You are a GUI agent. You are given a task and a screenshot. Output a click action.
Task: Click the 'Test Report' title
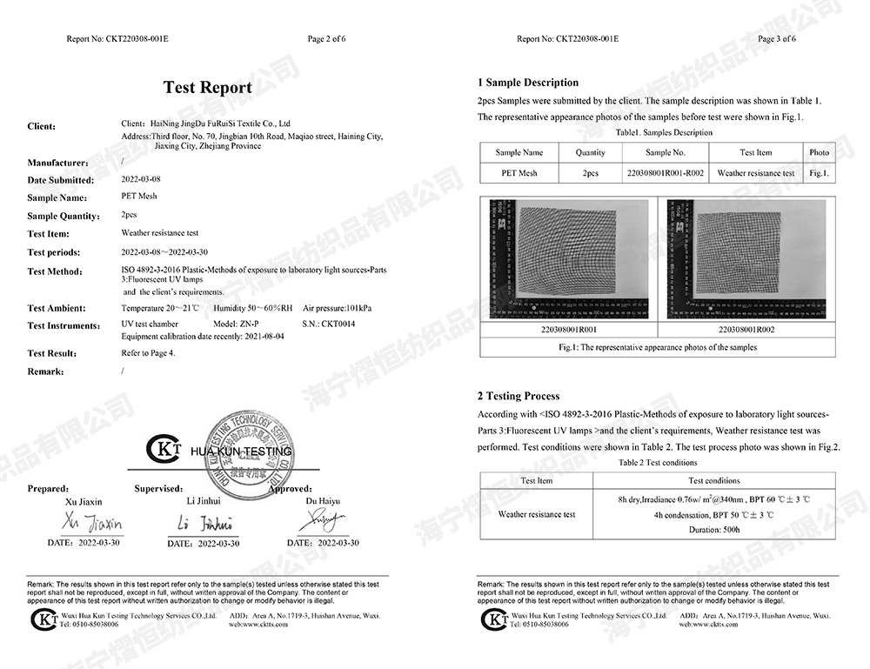point(208,87)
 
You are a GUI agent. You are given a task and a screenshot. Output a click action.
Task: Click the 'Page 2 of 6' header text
point(327,39)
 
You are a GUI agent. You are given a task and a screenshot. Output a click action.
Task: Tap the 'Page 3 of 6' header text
point(777,39)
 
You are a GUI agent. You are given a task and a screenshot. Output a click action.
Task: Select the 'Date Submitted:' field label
point(60,180)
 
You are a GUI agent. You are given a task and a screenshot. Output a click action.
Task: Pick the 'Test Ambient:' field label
point(57,308)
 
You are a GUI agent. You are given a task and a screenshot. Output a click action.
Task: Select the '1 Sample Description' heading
point(528,83)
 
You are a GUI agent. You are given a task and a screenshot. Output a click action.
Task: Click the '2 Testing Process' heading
point(519,396)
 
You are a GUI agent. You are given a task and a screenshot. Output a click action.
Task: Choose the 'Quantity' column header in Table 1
point(591,152)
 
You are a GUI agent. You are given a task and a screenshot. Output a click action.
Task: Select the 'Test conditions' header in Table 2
point(714,480)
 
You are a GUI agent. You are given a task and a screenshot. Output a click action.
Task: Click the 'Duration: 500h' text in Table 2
point(714,529)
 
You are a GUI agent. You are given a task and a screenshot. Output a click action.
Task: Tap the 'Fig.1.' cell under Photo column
point(819,173)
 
